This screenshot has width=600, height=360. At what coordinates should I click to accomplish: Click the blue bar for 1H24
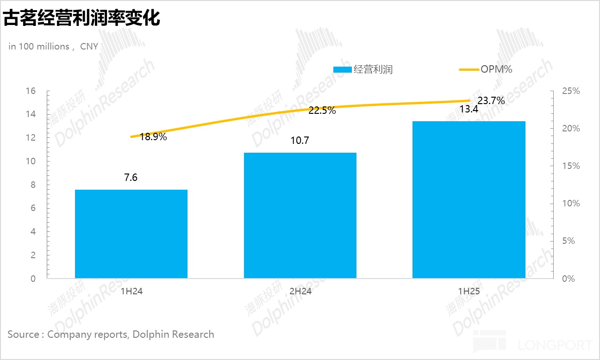point(131,234)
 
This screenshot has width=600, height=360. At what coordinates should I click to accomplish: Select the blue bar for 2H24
point(300,215)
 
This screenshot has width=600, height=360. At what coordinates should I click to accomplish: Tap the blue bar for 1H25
point(469,199)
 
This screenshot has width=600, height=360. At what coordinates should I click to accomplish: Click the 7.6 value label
point(131,178)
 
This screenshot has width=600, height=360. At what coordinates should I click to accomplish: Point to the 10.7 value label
point(300,141)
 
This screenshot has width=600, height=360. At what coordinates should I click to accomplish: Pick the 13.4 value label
point(469,109)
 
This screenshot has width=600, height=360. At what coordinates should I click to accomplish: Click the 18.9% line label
point(153,137)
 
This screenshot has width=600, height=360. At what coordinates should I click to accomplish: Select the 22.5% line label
point(322,111)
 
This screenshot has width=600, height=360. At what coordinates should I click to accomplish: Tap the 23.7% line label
point(491,100)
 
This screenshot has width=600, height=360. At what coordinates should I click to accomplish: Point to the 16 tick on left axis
point(31,91)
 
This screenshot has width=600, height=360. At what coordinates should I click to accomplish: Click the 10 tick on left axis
point(31,161)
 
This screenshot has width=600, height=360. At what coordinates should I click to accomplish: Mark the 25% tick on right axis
point(570,91)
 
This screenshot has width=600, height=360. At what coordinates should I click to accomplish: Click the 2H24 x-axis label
point(300,292)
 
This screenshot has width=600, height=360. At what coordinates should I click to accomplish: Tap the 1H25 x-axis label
point(469,292)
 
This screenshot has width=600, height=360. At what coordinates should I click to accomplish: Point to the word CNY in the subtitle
point(89,46)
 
